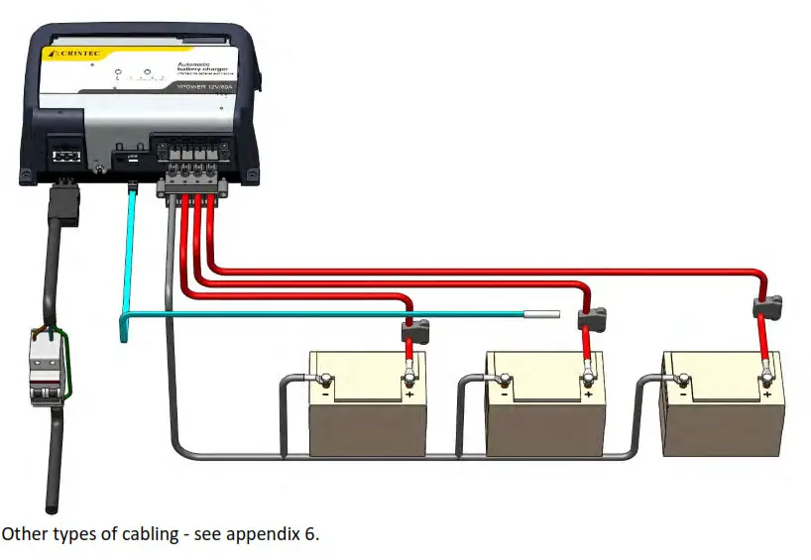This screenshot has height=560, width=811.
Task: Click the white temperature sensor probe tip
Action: click(x=544, y=316)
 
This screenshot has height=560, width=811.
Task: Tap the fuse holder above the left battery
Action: click(x=413, y=329)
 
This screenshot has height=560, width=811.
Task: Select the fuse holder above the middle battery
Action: click(x=591, y=316)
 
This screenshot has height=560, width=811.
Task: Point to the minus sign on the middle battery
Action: click(x=505, y=393)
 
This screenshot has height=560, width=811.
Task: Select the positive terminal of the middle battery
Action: click(x=588, y=376)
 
